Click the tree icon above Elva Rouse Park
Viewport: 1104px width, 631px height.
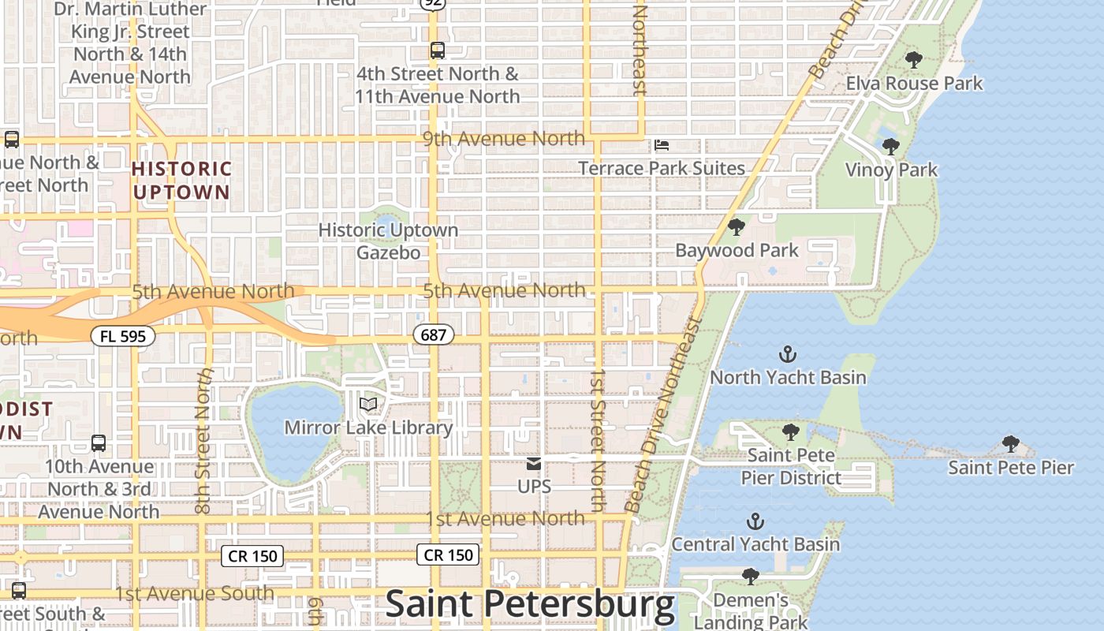(914, 60)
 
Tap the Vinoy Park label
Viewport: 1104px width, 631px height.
(891, 170)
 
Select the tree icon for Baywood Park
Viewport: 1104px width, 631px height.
(737, 227)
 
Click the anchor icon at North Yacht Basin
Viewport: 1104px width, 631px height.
(787, 354)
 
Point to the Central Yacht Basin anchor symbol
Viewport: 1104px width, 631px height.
(755, 521)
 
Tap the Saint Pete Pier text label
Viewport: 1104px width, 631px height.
(1010, 468)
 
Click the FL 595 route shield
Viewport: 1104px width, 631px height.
(123, 336)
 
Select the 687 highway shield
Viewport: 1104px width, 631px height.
(433, 335)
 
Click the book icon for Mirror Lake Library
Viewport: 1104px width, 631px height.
(368, 405)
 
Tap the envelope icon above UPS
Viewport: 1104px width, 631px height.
(534, 464)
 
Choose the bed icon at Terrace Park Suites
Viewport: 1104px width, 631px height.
(662, 145)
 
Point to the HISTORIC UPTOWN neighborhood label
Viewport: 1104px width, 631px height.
(181, 180)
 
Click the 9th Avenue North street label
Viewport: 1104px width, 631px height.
(504, 140)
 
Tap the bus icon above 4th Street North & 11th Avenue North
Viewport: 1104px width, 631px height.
(437, 50)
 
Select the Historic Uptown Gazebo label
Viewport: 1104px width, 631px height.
(388, 241)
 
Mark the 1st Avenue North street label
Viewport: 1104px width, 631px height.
(505, 518)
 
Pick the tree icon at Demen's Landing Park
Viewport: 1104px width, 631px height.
(751, 577)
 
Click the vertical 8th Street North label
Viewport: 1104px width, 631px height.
(203, 442)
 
